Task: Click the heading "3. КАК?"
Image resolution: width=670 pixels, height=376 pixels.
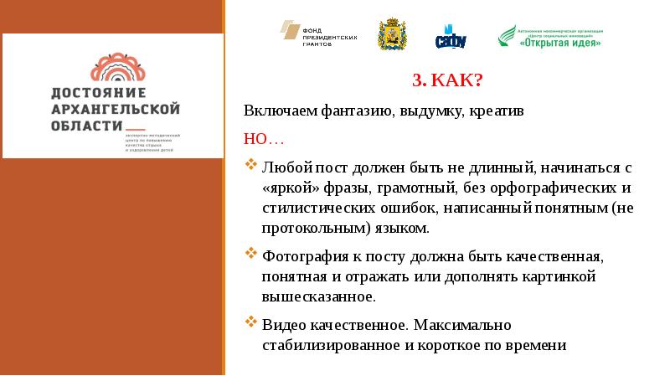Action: (x=446, y=82)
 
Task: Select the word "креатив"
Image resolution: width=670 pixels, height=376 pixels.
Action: (x=495, y=111)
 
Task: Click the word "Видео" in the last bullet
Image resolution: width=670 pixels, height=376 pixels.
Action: (x=281, y=324)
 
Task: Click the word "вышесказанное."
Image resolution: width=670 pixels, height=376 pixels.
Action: (x=318, y=296)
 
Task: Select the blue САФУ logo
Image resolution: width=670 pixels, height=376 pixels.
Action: (x=451, y=36)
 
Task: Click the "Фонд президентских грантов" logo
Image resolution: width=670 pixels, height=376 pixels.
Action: (x=319, y=33)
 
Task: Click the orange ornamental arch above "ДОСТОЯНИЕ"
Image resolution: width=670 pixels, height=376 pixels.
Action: (x=117, y=66)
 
